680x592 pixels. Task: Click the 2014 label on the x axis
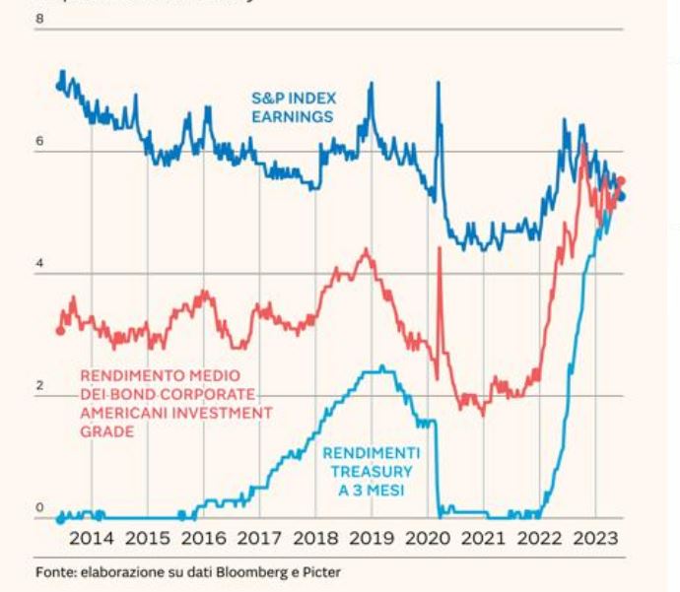[x=91, y=538]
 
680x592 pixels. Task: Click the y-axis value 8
[x=40, y=18]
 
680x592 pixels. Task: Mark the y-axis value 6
[x=40, y=141]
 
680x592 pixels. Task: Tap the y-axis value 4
[x=40, y=263]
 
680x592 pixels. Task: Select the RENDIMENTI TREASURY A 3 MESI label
[x=372, y=470]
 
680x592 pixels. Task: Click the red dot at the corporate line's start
[x=60, y=330]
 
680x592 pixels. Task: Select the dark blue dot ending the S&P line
[x=621, y=196]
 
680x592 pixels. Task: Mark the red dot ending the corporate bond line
[x=621, y=181]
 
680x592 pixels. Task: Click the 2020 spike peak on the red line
[x=439, y=248]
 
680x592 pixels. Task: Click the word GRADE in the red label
[x=106, y=431]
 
